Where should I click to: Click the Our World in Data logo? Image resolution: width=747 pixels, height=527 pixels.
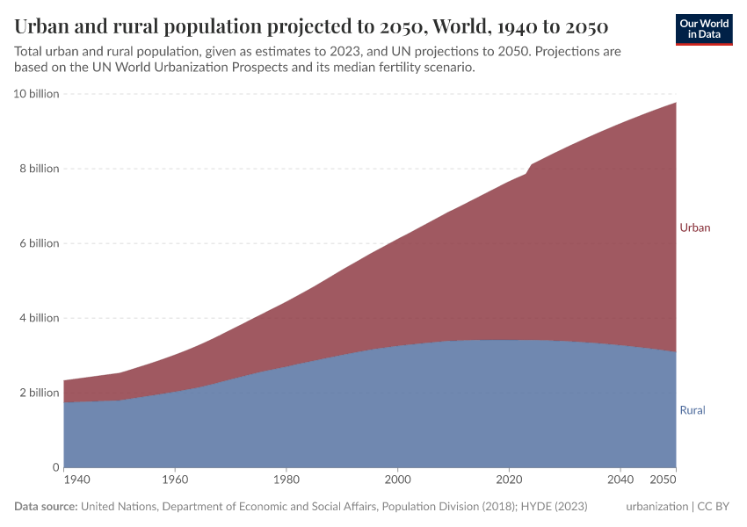pos(704,29)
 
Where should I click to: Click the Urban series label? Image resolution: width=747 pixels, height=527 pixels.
pos(694,227)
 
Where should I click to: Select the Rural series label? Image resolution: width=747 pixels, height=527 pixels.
pos(693,410)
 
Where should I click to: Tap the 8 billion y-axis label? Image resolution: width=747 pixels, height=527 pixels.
pos(39,169)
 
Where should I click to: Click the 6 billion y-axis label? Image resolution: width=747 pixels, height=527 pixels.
pos(39,243)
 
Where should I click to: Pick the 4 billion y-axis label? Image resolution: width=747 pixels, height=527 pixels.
pos(39,318)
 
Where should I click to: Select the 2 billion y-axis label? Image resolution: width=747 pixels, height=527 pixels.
pos(39,393)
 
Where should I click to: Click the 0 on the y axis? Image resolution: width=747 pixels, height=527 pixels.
pos(54,467)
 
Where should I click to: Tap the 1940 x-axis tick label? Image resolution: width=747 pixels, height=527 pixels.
pos(77,480)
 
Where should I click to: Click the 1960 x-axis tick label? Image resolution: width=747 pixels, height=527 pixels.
pos(175,480)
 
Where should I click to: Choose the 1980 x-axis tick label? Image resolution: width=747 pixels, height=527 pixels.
pos(286,480)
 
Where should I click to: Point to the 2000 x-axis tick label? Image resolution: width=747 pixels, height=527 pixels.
pos(398,480)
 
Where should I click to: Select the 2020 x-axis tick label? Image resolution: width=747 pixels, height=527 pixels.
pos(509,480)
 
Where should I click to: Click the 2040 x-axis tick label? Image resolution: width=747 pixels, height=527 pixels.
pos(620,480)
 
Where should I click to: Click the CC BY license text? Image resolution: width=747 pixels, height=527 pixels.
pos(715,507)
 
